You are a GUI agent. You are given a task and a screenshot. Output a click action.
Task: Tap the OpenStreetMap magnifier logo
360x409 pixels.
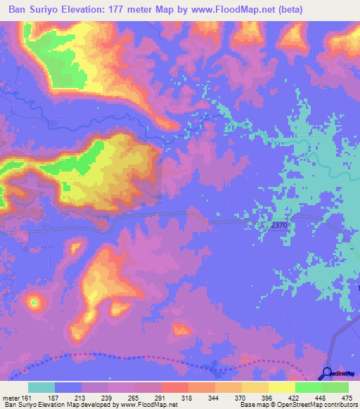click(x=328, y=375)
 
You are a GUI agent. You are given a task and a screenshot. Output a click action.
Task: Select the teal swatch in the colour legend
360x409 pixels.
click(x=41, y=387)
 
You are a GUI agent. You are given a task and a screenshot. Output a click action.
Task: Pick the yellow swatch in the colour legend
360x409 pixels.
click(x=282, y=387)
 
